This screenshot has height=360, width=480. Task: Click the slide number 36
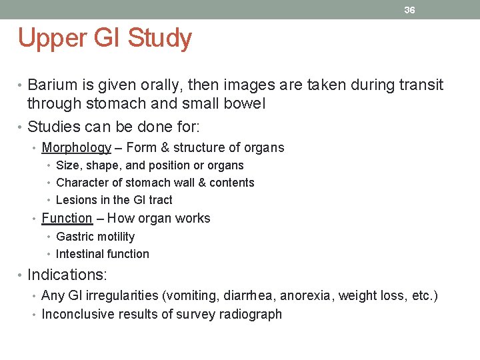(409, 10)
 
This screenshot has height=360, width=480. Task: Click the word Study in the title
(159, 38)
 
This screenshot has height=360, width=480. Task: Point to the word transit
(419, 85)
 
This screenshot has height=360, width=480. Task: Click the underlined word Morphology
(76, 148)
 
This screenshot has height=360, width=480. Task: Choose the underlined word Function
(67, 218)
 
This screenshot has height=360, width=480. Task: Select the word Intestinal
(79, 254)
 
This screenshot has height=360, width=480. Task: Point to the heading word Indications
(67, 275)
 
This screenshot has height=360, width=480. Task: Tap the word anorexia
(310, 296)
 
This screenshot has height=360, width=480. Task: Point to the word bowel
(247, 103)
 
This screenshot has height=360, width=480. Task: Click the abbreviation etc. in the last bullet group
(421, 296)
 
